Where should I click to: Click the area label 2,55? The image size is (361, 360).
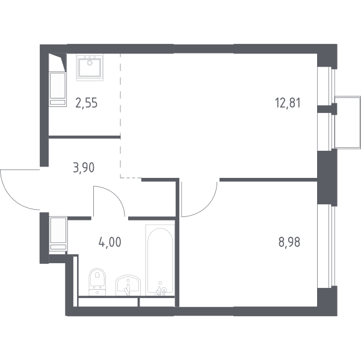pyautogui.click(x=87, y=103)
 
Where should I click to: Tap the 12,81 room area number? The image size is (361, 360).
pyautogui.click(x=288, y=103)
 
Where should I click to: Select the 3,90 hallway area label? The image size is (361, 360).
pyautogui.click(x=84, y=168)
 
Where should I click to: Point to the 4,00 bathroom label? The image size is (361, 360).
pyautogui.click(x=110, y=242)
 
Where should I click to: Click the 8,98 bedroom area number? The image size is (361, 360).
pyautogui.click(x=289, y=242)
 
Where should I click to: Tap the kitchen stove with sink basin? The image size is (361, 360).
pyautogui.click(x=90, y=67)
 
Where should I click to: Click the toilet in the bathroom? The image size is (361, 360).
pyautogui.click(x=97, y=282)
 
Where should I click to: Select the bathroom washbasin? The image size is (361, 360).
pyautogui.click(x=128, y=285)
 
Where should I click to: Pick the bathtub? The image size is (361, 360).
pyautogui.click(x=160, y=260)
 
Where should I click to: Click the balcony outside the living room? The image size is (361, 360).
pyautogui.click(x=348, y=121)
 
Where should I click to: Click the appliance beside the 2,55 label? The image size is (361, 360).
pyautogui.click(x=58, y=90)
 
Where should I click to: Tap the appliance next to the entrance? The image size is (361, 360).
pyautogui.click(x=58, y=234)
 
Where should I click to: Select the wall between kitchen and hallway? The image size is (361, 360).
pyautogui.click(x=84, y=137)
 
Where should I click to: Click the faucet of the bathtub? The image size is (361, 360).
pyautogui.click(x=161, y=289)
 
